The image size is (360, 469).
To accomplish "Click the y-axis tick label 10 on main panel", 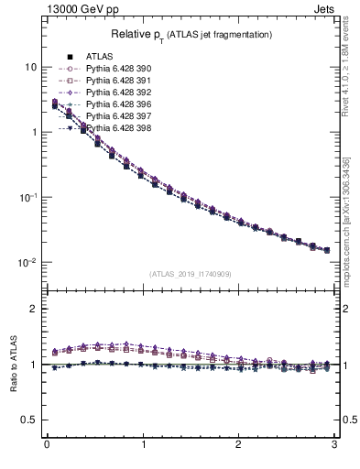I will point(30,68).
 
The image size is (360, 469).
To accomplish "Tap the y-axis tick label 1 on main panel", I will point(33,133).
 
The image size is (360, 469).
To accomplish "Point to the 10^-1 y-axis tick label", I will point(27,197).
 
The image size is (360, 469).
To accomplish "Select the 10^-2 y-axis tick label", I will point(27,262).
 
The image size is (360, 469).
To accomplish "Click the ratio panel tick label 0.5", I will point(29,420).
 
